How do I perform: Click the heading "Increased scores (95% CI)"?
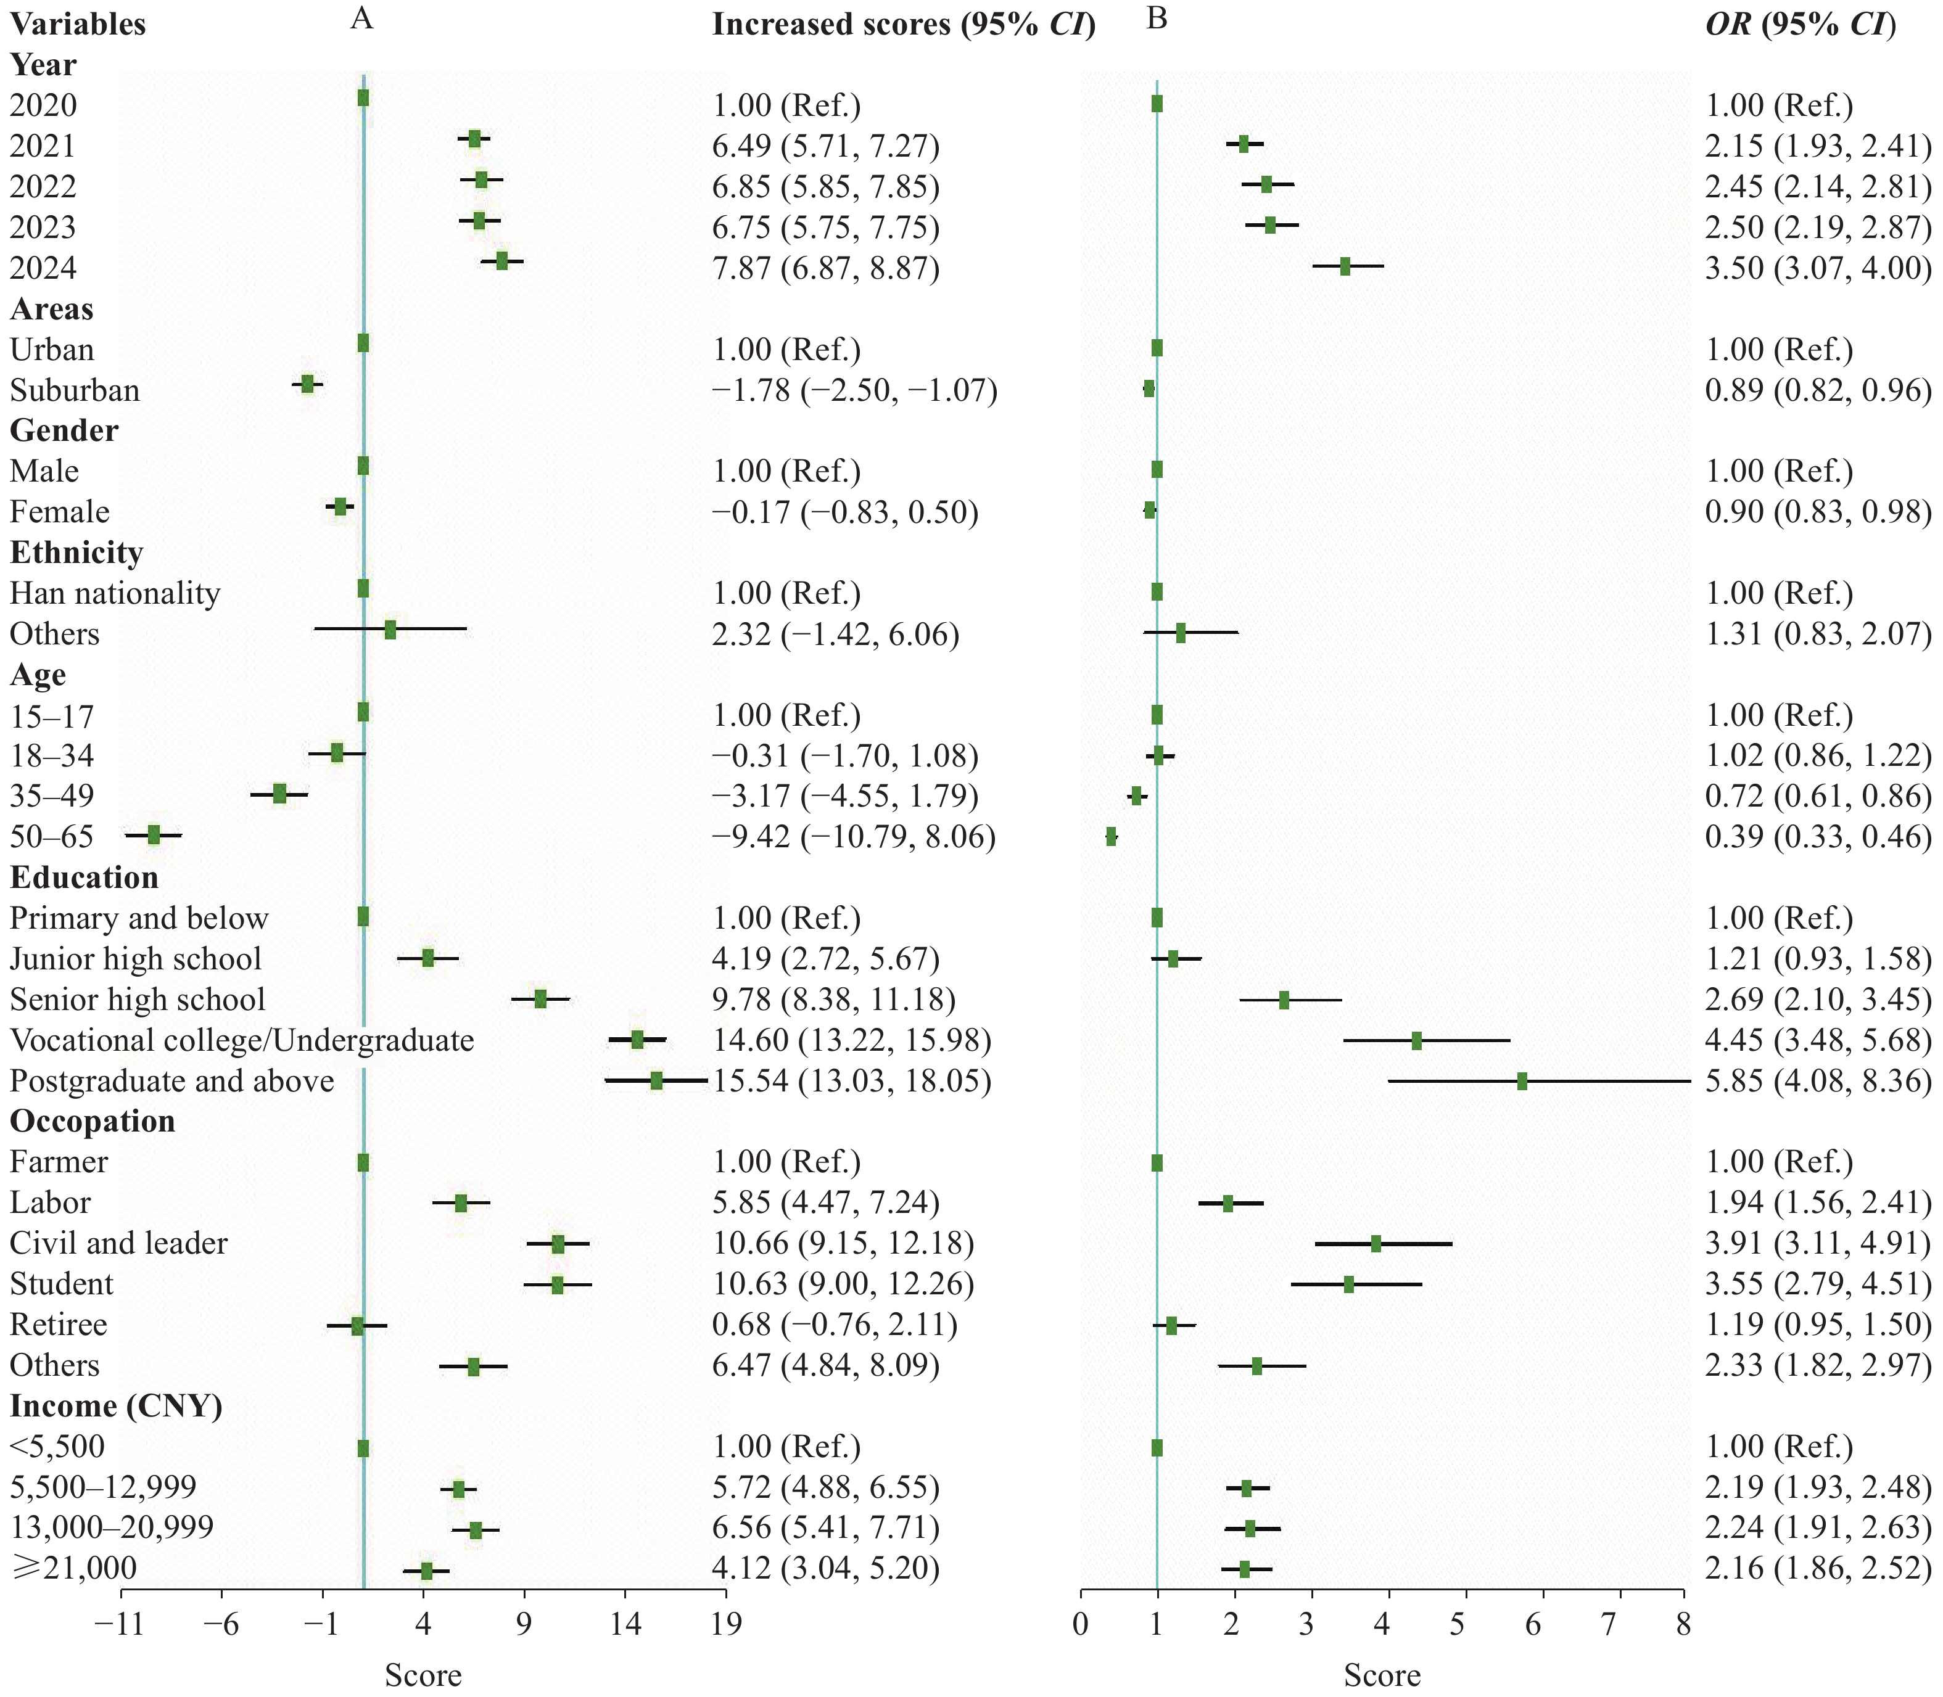point(903,25)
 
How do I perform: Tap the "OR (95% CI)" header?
point(1800,25)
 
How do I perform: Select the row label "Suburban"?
point(75,390)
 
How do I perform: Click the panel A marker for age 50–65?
point(154,834)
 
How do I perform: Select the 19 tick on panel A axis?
point(725,1624)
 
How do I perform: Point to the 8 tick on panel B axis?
point(1683,1624)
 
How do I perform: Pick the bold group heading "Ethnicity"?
point(76,552)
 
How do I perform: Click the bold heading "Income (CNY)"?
point(115,1405)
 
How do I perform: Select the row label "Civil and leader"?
point(118,1243)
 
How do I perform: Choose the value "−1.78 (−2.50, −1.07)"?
point(854,390)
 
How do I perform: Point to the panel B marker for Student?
point(1348,1284)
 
